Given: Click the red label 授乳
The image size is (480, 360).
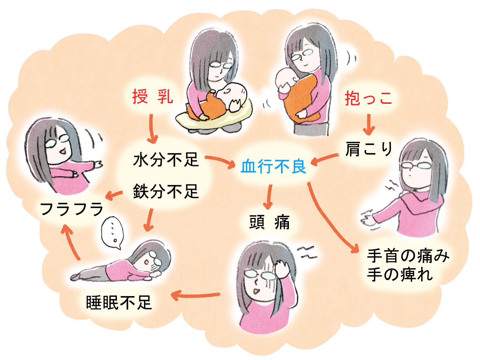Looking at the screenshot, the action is tap(152, 97).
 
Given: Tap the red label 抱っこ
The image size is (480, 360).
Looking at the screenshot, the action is tap(368, 98).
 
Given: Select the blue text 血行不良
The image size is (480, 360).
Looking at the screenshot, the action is tap(273, 166).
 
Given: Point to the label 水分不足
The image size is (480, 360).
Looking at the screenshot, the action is tap(166, 159).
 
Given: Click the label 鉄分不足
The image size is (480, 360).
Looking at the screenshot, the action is tap(166, 191).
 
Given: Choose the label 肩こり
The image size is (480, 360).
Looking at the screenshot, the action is tap(368, 149).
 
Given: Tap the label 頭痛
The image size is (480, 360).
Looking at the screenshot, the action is tap(269, 222).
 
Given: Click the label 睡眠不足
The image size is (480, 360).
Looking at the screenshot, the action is tap(119, 302).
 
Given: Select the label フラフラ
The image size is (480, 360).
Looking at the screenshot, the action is tap(71, 209).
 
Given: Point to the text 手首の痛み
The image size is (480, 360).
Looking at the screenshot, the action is tap(408, 256).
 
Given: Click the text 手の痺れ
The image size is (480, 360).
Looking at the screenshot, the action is tap(400, 274).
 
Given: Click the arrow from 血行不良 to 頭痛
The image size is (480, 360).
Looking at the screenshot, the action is tap(269, 196).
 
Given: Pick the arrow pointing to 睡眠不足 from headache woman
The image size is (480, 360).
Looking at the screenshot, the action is tap(195, 295).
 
